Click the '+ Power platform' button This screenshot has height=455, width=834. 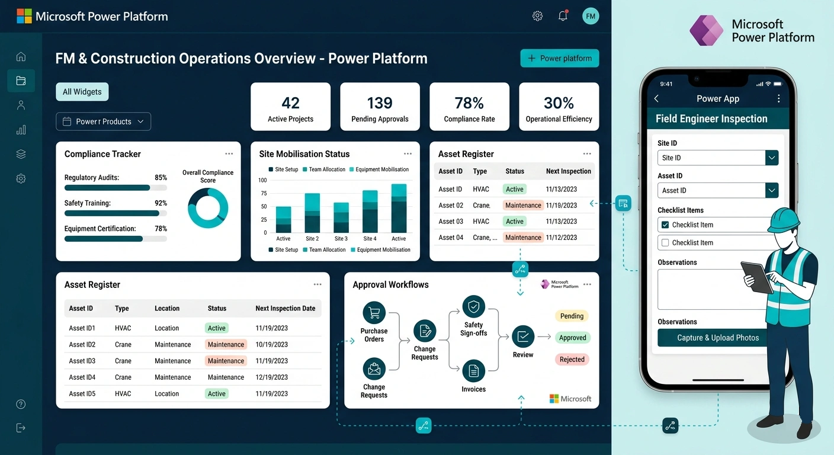(559, 59)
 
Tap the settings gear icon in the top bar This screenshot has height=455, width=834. (537, 17)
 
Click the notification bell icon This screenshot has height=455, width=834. (563, 17)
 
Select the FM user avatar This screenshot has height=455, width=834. (590, 17)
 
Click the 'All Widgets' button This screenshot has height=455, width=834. (82, 92)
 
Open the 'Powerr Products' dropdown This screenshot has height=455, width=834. (103, 121)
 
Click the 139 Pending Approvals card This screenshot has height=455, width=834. (380, 107)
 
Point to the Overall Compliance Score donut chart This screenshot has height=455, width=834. (208, 208)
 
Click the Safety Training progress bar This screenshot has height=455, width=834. (116, 213)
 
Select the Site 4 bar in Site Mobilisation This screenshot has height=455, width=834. (370, 212)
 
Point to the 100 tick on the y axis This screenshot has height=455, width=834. (263, 180)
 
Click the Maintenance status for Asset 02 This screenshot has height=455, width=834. (522, 206)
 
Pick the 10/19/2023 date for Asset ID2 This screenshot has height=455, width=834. (271, 345)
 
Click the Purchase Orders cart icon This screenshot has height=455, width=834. (374, 313)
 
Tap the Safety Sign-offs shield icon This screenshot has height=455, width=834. (473, 307)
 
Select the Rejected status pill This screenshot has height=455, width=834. (572, 360)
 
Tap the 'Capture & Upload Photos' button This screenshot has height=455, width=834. (717, 338)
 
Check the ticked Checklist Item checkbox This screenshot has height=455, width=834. (665, 225)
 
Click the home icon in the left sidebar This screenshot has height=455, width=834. (21, 57)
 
